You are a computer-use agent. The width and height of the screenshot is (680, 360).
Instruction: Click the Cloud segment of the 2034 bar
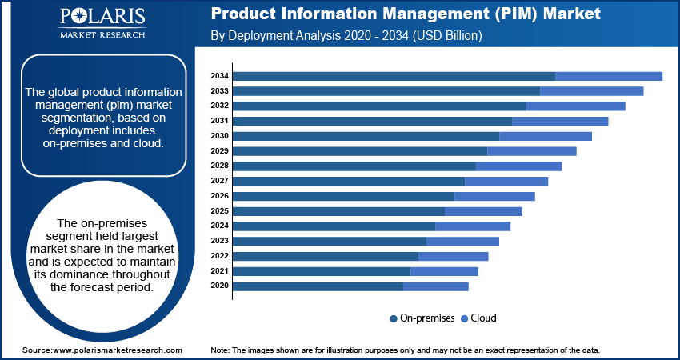click(x=609, y=76)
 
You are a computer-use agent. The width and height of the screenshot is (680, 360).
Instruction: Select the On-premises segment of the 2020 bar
click(x=318, y=286)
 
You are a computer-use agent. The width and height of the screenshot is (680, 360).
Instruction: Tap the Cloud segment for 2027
click(x=506, y=182)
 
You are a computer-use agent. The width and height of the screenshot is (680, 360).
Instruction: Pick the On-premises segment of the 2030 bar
click(x=366, y=136)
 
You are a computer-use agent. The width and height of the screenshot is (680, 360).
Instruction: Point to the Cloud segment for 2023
click(x=462, y=241)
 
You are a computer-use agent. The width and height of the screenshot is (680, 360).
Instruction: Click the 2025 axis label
click(x=219, y=210)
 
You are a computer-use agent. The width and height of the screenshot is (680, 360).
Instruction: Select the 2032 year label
click(x=219, y=106)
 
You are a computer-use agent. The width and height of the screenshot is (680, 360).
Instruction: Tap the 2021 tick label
click(x=219, y=271)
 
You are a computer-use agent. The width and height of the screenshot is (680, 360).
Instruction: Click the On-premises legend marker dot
click(x=394, y=318)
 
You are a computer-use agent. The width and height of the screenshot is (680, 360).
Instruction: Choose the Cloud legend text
click(x=483, y=318)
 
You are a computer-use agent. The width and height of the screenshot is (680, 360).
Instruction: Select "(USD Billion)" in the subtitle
click(x=447, y=35)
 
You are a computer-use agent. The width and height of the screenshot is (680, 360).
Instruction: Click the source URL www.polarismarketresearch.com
click(x=118, y=350)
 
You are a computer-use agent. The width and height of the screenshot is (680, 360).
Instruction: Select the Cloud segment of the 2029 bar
click(x=532, y=151)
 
